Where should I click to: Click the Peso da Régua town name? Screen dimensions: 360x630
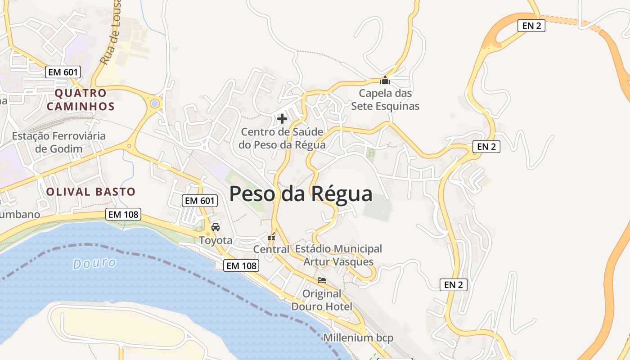(x=301, y=193)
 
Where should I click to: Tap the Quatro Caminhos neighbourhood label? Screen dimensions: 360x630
(x=81, y=100)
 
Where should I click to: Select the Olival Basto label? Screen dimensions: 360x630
(x=90, y=192)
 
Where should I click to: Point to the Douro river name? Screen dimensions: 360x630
(x=94, y=263)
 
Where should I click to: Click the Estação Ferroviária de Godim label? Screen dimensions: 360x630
(x=59, y=142)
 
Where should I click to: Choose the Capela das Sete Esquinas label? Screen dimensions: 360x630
(x=385, y=100)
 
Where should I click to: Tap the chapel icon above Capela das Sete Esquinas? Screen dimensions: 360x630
(x=385, y=81)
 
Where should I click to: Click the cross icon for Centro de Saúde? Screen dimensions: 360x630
(x=282, y=119)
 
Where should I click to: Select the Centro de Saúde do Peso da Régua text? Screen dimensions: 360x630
(x=282, y=139)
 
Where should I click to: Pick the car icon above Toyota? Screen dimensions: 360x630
(x=216, y=227)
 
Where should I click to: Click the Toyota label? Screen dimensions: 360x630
(x=216, y=240)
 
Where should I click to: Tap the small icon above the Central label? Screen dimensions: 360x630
(x=271, y=236)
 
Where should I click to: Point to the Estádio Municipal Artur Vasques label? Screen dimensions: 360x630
(x=338, y=255)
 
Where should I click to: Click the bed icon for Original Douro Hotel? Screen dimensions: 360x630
(x=322, y=280)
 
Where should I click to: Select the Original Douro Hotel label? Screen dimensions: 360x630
(x=322, y=300)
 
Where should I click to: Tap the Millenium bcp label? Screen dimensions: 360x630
(x=358, y=337)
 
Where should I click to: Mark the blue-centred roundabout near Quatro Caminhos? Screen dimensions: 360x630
(x=155, y=103)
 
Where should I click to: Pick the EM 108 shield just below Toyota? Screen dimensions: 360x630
(x=242, y=265)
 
